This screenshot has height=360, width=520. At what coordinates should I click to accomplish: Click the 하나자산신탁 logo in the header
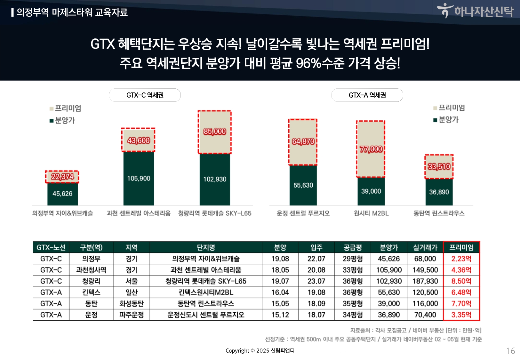[476, 11]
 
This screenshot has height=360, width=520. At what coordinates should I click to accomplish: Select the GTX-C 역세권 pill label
[145, 95]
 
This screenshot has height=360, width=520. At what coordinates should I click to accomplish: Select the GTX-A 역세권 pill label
[367, 95]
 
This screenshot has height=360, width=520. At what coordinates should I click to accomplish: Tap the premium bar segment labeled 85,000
[215, 132]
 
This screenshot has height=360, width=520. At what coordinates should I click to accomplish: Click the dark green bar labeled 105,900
[139, 178]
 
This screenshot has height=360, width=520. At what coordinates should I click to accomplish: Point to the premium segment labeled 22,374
[62, 177]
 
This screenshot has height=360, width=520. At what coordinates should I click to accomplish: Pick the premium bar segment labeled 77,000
[371, 149]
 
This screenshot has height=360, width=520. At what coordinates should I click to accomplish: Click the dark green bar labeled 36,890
[439, 192]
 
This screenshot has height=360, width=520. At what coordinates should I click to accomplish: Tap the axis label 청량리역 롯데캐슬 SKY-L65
[215, 213]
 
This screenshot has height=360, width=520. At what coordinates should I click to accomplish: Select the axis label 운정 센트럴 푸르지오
[303, 213]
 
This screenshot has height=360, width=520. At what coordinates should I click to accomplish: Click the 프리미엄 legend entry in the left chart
[65, 108]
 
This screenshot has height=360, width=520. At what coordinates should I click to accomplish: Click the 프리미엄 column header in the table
[461, 247]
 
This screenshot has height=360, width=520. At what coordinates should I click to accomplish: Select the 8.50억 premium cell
[461, 281]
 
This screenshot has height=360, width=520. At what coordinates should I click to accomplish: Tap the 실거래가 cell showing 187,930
[425, 281]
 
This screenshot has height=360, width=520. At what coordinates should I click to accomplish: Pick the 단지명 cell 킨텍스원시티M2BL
[206, 292]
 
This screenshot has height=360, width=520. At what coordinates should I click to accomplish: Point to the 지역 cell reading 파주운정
[132, 315]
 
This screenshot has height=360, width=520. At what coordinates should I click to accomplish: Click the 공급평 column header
[353, 247]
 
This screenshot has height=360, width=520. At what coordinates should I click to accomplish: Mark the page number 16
[510, 351]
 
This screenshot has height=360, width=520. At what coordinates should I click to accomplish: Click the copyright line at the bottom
[260, 351]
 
